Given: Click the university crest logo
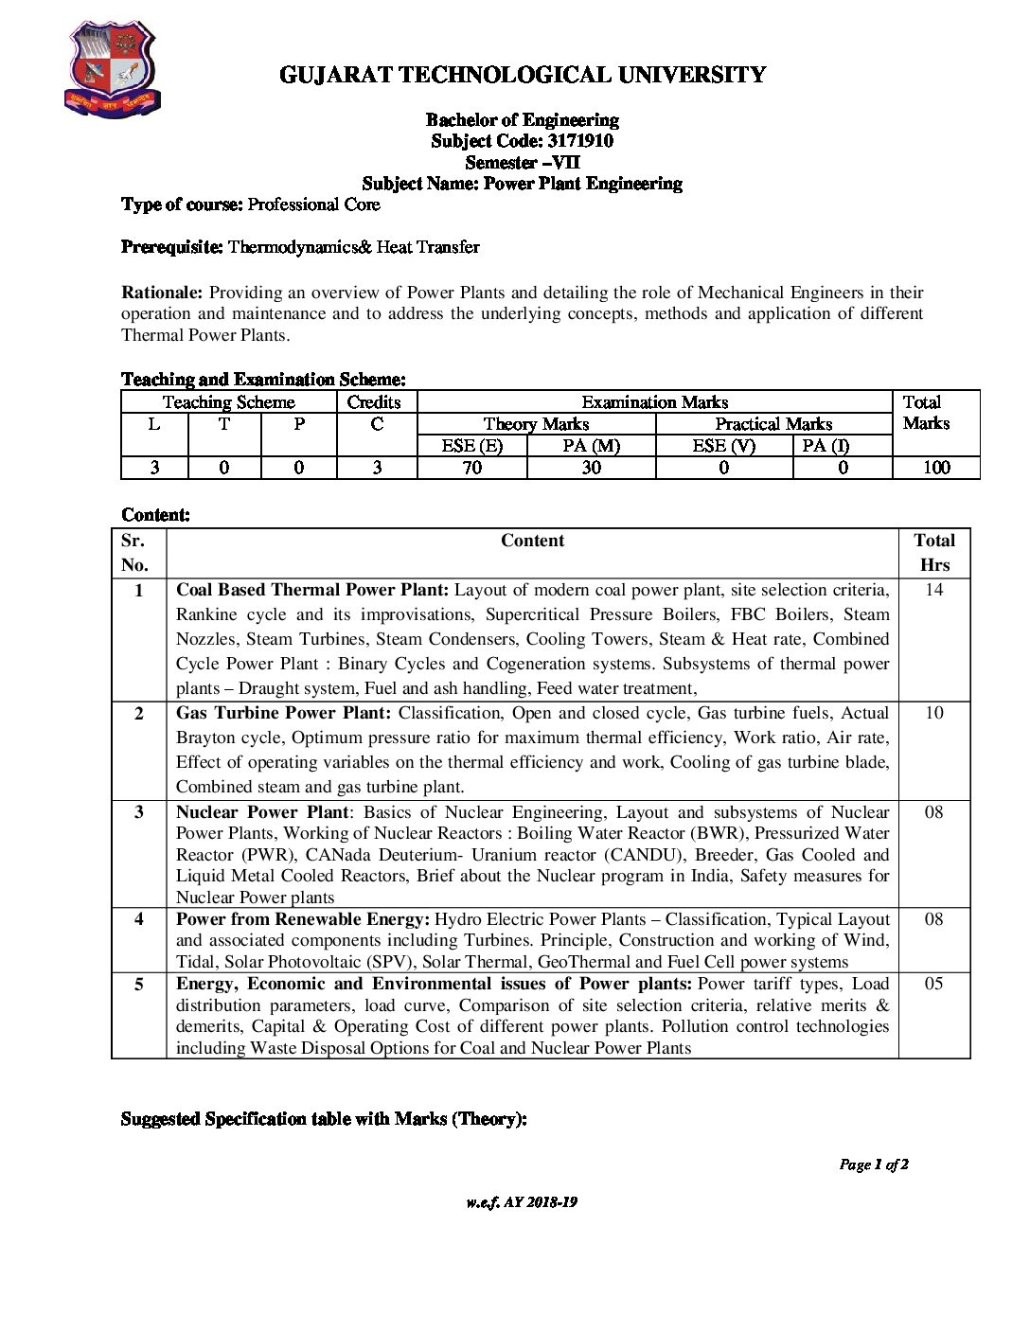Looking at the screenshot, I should click(x=112, y=70).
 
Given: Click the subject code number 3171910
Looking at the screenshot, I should click(x=579, y=141).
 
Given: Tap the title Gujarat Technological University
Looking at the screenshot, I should click(x=523, y=75).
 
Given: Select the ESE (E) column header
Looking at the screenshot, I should click(x=471, y=446).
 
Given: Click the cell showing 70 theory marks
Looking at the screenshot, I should click(x=471, y=468).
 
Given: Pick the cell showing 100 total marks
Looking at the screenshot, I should click(x=935, y=468).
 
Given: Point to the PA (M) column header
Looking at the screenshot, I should click(x=591, y=446).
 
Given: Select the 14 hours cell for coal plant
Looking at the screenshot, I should click(x=933, y=590).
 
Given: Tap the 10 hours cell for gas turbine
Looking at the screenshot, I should click(x=933, y=713).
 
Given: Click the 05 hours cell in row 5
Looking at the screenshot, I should click(x=933, y=984).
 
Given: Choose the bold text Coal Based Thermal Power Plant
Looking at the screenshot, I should click(x=312, y=590).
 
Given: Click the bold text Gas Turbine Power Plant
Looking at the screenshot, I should click(x=283, y=713).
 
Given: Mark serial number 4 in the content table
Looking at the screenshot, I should click(x=139, y=919).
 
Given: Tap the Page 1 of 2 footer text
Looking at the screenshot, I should click(x=873, y=1164).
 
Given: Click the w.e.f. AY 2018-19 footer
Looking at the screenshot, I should click(x=522, y=1202).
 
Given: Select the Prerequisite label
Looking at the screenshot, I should click(x=172, y=247).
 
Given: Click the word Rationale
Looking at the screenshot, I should click(x=162, y=293).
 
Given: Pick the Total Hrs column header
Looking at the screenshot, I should click(x=933, y=552).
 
